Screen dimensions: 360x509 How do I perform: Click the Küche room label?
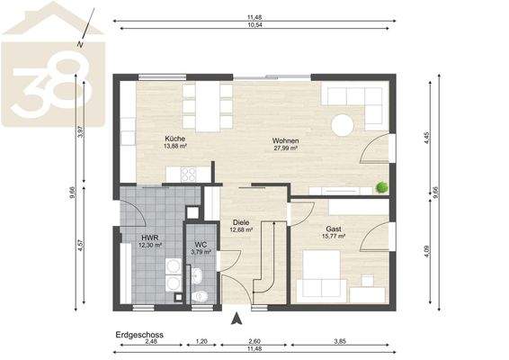point(174,138)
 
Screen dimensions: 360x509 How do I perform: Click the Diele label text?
point(241,222)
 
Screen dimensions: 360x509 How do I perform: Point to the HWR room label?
point(149,237)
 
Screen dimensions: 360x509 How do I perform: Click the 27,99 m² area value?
point(286,149)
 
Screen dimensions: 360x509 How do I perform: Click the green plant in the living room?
point(382,187)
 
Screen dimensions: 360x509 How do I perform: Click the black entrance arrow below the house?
point(237,317)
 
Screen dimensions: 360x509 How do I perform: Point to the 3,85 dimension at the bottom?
point(340,342)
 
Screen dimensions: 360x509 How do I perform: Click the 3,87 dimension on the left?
point(80,131)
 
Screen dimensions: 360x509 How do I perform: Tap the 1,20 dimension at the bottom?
point(202,342)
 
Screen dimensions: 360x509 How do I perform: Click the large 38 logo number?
point(42,87)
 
